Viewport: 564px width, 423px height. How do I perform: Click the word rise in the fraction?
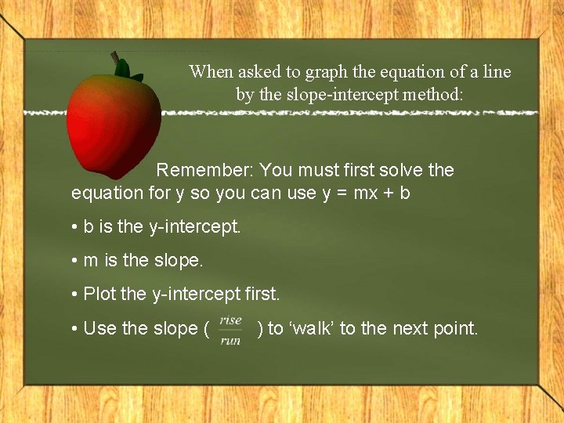click(231, 320)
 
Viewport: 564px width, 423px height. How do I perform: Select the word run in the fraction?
click(230, 341)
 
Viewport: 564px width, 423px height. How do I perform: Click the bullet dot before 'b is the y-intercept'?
click(74, 227)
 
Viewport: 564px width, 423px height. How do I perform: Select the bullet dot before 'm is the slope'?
click(74, 261)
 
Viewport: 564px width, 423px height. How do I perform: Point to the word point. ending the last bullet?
click(454, 329)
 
